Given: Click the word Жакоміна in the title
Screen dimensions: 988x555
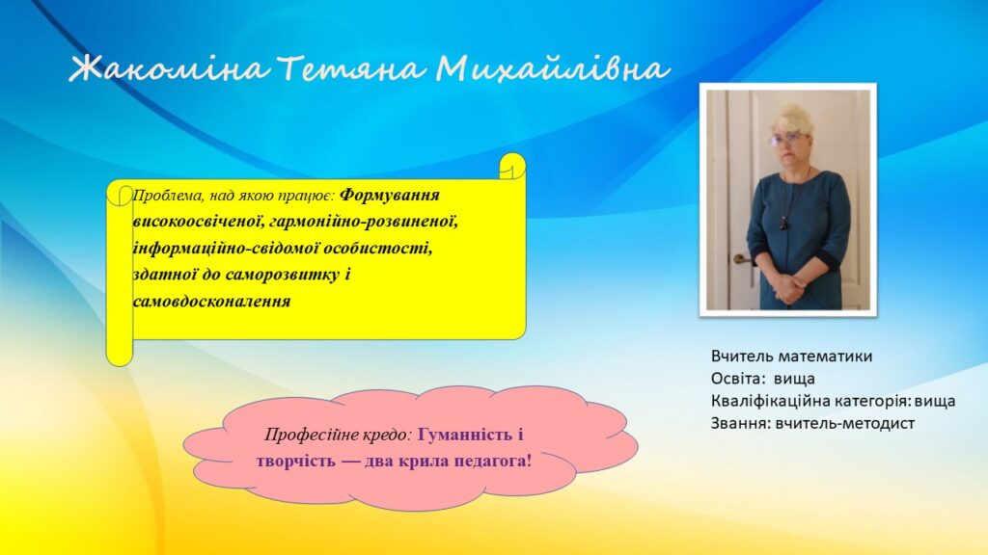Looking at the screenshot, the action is click(169, 68).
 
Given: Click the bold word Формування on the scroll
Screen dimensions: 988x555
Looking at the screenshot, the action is click(390, 196).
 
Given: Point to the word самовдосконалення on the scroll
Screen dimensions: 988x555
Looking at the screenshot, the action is click(211, 301).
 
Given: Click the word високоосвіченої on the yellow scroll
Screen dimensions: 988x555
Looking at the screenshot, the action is click(198, 223).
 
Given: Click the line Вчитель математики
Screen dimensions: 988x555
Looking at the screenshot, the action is click(791, 357).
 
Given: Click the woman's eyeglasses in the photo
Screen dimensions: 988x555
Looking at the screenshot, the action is click(784, 139).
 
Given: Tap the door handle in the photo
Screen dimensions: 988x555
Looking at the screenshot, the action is click(742, 259).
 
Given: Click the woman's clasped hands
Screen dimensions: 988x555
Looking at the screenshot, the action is click(789, 287).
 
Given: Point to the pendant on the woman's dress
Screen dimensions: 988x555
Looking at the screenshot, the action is click(783, 223).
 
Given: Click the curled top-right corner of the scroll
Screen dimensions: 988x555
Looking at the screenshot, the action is click(512, 166).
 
